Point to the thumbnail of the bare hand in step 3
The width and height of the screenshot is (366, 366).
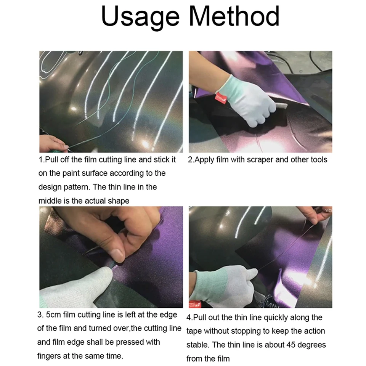117,255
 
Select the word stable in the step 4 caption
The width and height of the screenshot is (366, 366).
197,345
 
